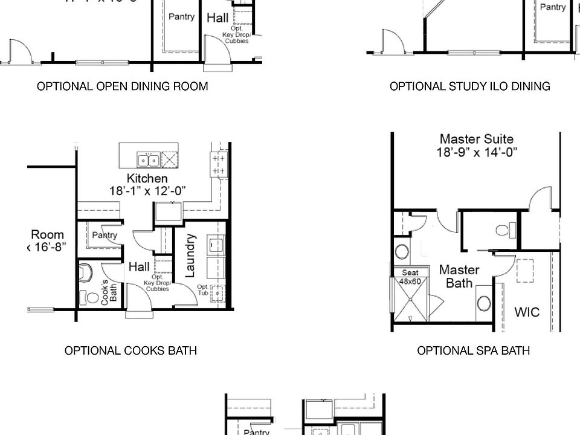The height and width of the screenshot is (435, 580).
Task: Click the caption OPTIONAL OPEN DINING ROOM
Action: click(122, 86)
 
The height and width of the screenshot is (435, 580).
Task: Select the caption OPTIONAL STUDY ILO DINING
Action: click(469, 86)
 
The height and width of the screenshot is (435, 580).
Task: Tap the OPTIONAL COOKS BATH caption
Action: click(130, 350)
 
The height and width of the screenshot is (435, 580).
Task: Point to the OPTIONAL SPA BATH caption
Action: click(473, 350)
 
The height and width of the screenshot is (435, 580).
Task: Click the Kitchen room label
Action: click(147, 178)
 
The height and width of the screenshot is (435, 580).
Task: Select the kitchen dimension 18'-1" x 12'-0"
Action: click(147, 191)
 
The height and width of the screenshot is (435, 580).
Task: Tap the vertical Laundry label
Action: click(190, 256)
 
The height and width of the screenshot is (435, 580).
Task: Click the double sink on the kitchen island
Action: click(148, 160)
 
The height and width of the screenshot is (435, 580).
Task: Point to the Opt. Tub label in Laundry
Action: click(203, 291)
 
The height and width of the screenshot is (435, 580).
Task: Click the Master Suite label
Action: click(477, 140)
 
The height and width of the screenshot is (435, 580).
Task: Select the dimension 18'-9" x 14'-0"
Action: click(477, 152)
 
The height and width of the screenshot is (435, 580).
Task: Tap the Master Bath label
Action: click(459, 275)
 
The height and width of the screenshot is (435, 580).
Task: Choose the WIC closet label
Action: click(526, 312)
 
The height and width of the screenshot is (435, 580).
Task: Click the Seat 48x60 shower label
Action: click(410, 277)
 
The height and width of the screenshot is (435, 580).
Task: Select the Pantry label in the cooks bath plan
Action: click(104, 235)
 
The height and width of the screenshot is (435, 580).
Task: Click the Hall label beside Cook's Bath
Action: click(139, 266)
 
